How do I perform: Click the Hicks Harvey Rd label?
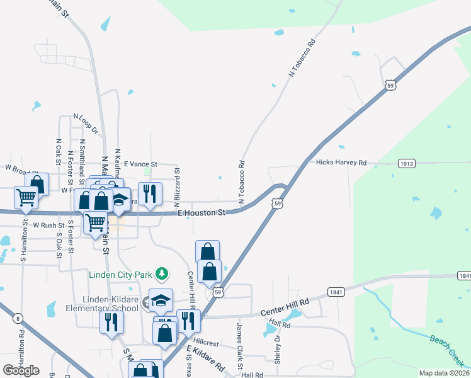(341, 163)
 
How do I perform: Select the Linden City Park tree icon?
(162, 273)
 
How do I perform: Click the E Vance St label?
(140, 164)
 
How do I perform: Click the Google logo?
(21, 370)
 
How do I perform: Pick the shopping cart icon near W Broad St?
(26, 197)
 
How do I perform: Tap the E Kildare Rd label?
(205, 358)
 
